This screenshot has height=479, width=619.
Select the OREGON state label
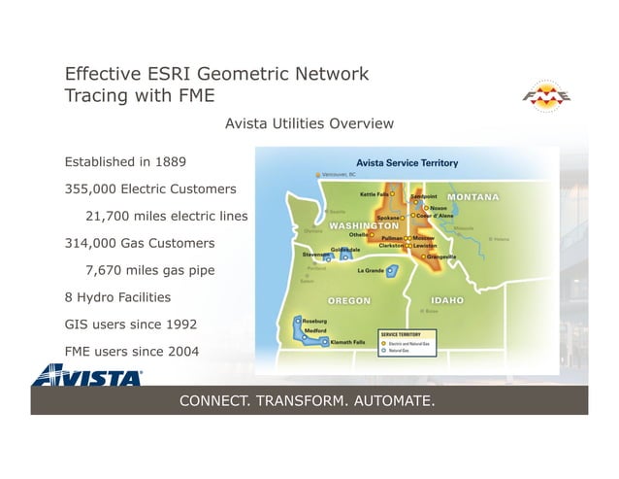(x=348, y=300)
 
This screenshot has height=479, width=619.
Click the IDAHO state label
(x=446, y=300)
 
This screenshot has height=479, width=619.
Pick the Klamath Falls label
(x=347, y=342)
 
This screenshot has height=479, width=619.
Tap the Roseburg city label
(x=314, y=320)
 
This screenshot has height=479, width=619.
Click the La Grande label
(x=372, y=271)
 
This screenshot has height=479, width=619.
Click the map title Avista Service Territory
(x=407, y=162)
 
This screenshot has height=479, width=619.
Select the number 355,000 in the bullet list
(x=90, y=188)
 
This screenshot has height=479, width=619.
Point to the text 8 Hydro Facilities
(x=117, y=296)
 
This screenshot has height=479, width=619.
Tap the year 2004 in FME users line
(x=183, y=351)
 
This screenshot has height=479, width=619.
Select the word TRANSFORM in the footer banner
(x=307, y=401)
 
